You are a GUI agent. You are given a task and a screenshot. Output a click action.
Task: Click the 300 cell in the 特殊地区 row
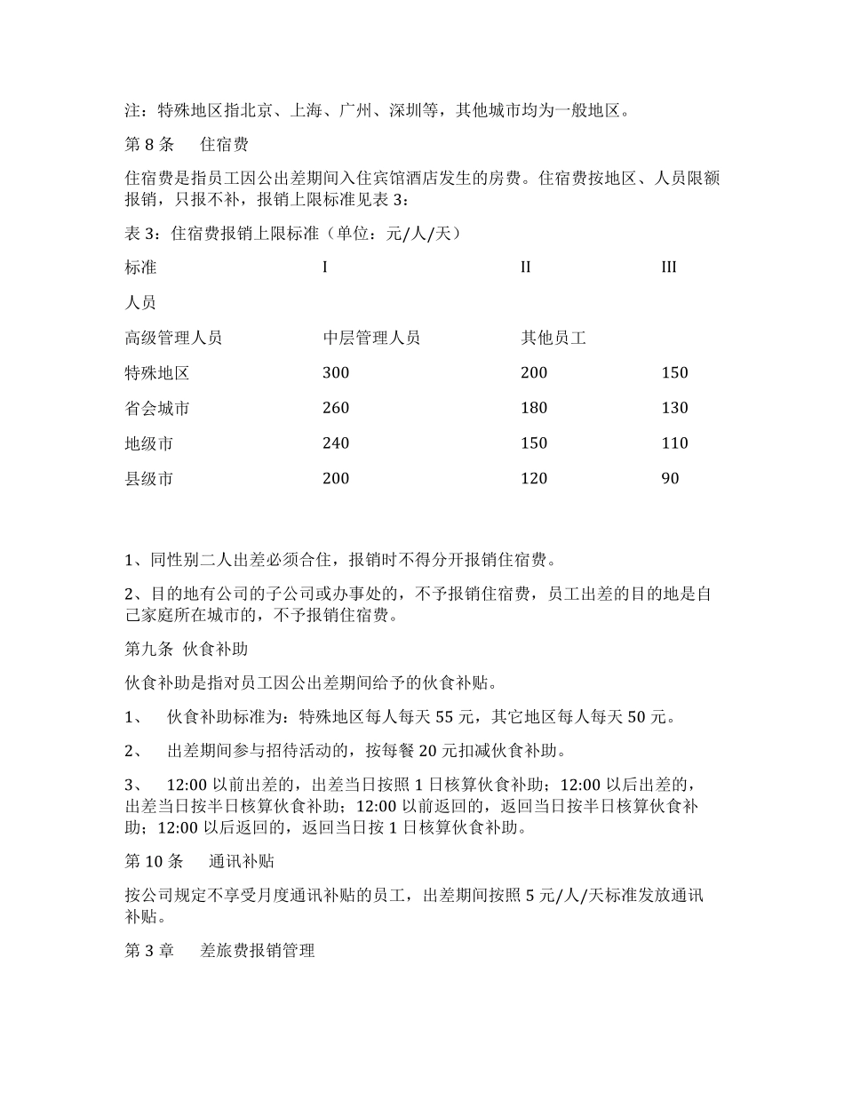[x=336, y=373]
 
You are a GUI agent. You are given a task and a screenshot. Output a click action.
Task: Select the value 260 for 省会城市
[x=336, y=409]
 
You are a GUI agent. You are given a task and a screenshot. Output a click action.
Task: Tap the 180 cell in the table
[x=534, y=409]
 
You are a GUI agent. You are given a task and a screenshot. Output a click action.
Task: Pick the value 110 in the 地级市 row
[x=675, y=443]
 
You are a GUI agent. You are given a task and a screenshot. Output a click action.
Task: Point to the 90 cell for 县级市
[x=671, y=479]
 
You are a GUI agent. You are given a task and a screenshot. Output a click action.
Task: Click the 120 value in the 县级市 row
[x=534, y=479]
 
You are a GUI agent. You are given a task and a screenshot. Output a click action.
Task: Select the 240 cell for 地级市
[x=336, y=443]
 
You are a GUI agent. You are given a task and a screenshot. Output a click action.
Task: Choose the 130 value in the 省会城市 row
[x=675, y=409]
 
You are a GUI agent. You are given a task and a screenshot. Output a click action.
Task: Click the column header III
[x=669, y=267]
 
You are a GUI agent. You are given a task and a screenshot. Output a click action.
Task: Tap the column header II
[x=525, y=267]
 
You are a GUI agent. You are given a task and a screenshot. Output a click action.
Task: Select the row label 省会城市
[x=157, y=409]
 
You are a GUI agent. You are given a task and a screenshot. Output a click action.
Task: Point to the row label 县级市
[x=149, y=479]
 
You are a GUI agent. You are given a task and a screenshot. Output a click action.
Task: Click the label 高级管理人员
[x=173, y=338]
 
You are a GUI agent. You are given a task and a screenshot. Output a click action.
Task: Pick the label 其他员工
[x=553, y=338]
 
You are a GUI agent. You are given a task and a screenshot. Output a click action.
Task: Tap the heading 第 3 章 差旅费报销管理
[x=219, y=951]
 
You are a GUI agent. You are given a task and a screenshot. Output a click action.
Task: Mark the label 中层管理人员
[x=371, y=338]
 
